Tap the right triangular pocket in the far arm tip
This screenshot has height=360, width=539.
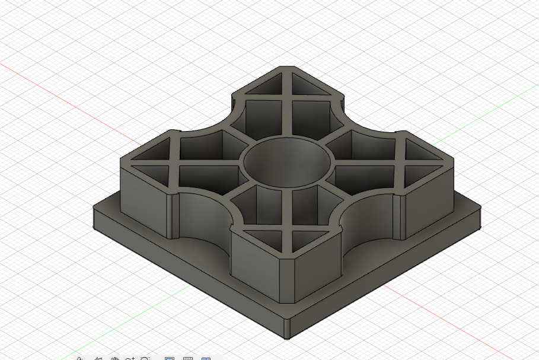(311, 87)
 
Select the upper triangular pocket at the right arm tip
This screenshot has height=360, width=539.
(426, 151)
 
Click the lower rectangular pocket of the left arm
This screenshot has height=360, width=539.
(205, 178)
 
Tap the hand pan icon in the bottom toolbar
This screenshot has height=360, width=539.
(115, 358)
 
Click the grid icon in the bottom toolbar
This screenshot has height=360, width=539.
(187, 358)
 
